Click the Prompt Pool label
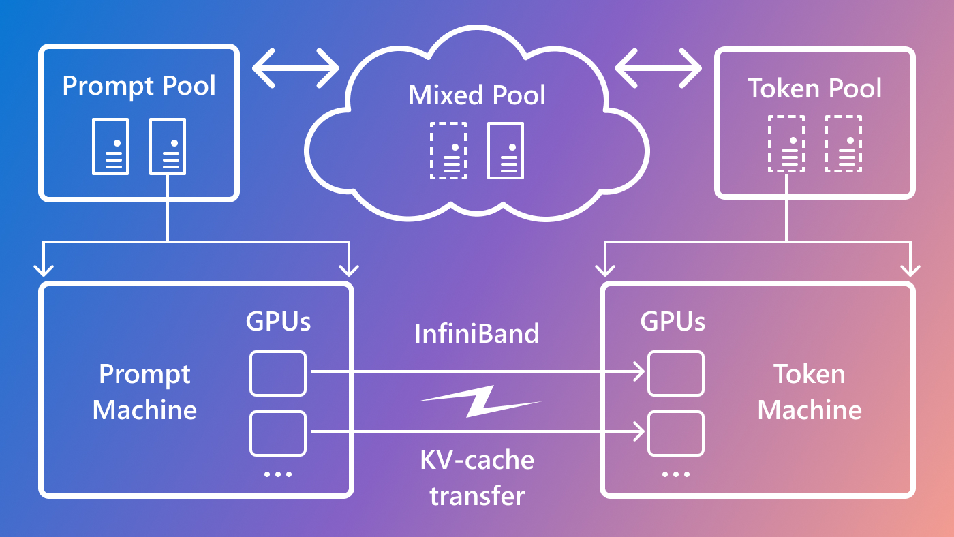[x=139, y=87]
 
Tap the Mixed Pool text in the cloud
[x=477, y=95]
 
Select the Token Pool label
[x=814, y=89]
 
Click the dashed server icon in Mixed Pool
[x=448, y=151]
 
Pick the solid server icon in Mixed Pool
[x=506, y=151]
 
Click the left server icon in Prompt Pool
[x=110, y=147]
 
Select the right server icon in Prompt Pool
[x=168, y=147]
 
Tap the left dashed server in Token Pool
[x=786, y=144]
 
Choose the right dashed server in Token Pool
[x=844, y=144]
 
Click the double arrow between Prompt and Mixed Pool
[x=296, y=68]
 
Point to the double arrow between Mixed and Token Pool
[x=658, y=68]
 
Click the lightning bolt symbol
[x=479, y=401]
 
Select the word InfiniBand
[x=477, y=334]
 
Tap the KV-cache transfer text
[x=477, y=477]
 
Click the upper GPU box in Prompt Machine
[x=278, y=373]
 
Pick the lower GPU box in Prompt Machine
[x=278, y=433]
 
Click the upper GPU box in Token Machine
[x=675, y=373]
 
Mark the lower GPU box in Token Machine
[x=675, y=433]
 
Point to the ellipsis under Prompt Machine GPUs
[x=278, y=474]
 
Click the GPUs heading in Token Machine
[x=673, y=321]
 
